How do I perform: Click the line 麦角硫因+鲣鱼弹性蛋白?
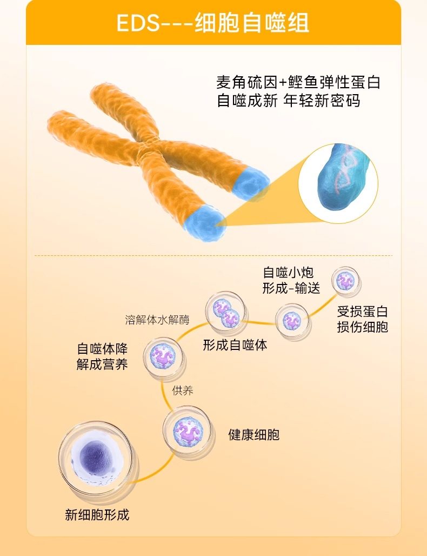(298, 83)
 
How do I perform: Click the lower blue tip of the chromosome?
(206, 222)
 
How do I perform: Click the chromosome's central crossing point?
(145, 149)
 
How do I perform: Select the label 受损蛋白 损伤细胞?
(362, 319)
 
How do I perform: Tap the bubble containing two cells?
(226, 313)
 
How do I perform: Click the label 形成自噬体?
(235, 345)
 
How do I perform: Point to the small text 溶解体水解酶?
(157, 319)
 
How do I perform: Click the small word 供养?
(183, 390)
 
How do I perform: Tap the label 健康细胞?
(254, 434)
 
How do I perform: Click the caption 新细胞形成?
(97, 514)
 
